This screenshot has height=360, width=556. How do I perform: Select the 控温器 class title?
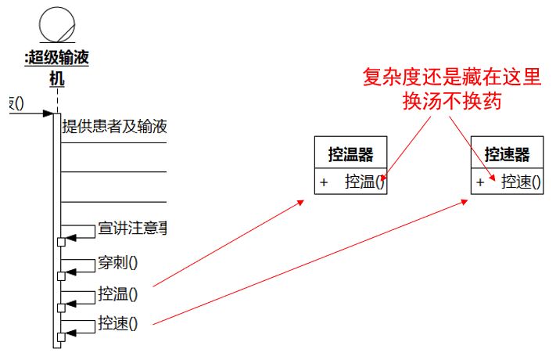(350, 153)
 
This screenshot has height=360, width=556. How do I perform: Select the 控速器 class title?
(507, 153)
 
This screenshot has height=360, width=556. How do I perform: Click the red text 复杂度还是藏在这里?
(451, 77)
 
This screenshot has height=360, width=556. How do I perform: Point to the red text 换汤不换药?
(451, 102)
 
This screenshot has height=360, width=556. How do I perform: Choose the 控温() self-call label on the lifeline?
(118, 294)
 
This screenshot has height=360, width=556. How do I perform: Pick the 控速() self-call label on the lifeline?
(118, 322)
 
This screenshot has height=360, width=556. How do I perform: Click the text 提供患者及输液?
(114, 127)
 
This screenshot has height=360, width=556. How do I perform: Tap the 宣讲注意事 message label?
(133, 229)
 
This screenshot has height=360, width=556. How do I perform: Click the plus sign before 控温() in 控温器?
(323, 182)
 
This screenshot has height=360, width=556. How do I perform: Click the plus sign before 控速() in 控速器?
(480, 182)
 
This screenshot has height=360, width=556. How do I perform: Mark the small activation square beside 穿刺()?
(60, 275)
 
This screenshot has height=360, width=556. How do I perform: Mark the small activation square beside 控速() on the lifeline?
(60, 337)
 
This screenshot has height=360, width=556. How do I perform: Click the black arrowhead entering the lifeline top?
(48, 114)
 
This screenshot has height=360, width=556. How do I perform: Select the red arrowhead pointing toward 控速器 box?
(466, 201)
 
